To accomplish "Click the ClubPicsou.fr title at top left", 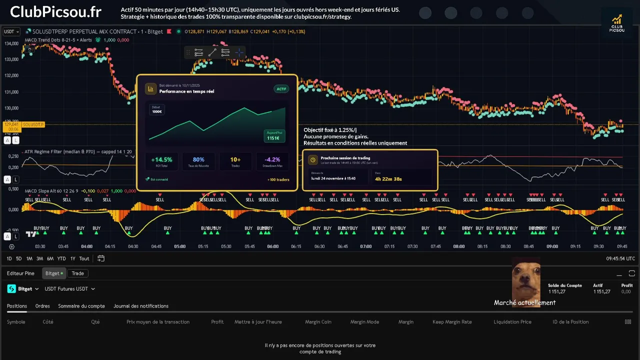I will pyautogui.click(x=55, y=11).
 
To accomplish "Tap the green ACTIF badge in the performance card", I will pyautogui.click(x=281, y=89).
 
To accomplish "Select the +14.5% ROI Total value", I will pyautogui.click(x=161, y=160).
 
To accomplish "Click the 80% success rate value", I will pyautogui.click(x=198, y=160).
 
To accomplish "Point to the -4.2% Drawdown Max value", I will pyautogui.click(x=272, y=160).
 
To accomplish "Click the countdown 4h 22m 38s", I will pyautogui.click(x=388, y=178).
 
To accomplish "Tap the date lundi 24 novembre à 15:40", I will pyautogui.click(x=333, y=178).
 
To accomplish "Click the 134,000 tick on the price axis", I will pyautogui.click(x=11, y=43).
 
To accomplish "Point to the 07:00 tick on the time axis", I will pyautogui.click(x=366, y=246).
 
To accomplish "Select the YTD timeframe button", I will pyautogui.click(x=61, y=258).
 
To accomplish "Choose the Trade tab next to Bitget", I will pyautogui.click(x=77, y=273).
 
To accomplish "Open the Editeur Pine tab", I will pyautogui.click(x=20, y=273).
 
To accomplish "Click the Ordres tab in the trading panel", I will pyautogui.click(x=42, y=306).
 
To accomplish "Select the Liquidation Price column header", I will pyautogui.click(x=512, y=322).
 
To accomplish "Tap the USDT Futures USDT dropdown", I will pyautogui.click(x=69, y=289).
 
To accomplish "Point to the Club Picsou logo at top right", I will pyautogui.click(x=617, y=23).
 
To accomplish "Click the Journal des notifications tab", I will pyautogui.click(x=141, y=306).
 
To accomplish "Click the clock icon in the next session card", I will pyautogui.click(x=312, y=160).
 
